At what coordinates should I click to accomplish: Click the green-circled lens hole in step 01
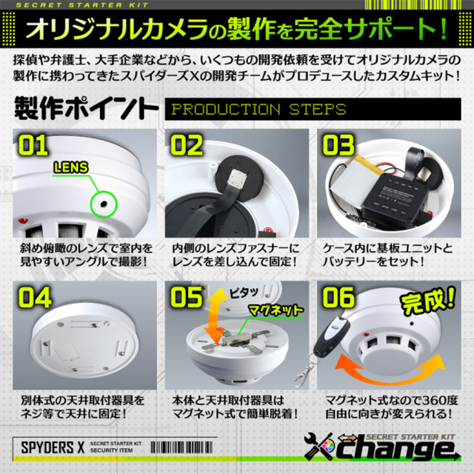tap(101, 200)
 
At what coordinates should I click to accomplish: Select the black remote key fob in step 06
tap(327, 340)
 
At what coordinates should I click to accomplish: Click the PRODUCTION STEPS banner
tap(258, 110)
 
